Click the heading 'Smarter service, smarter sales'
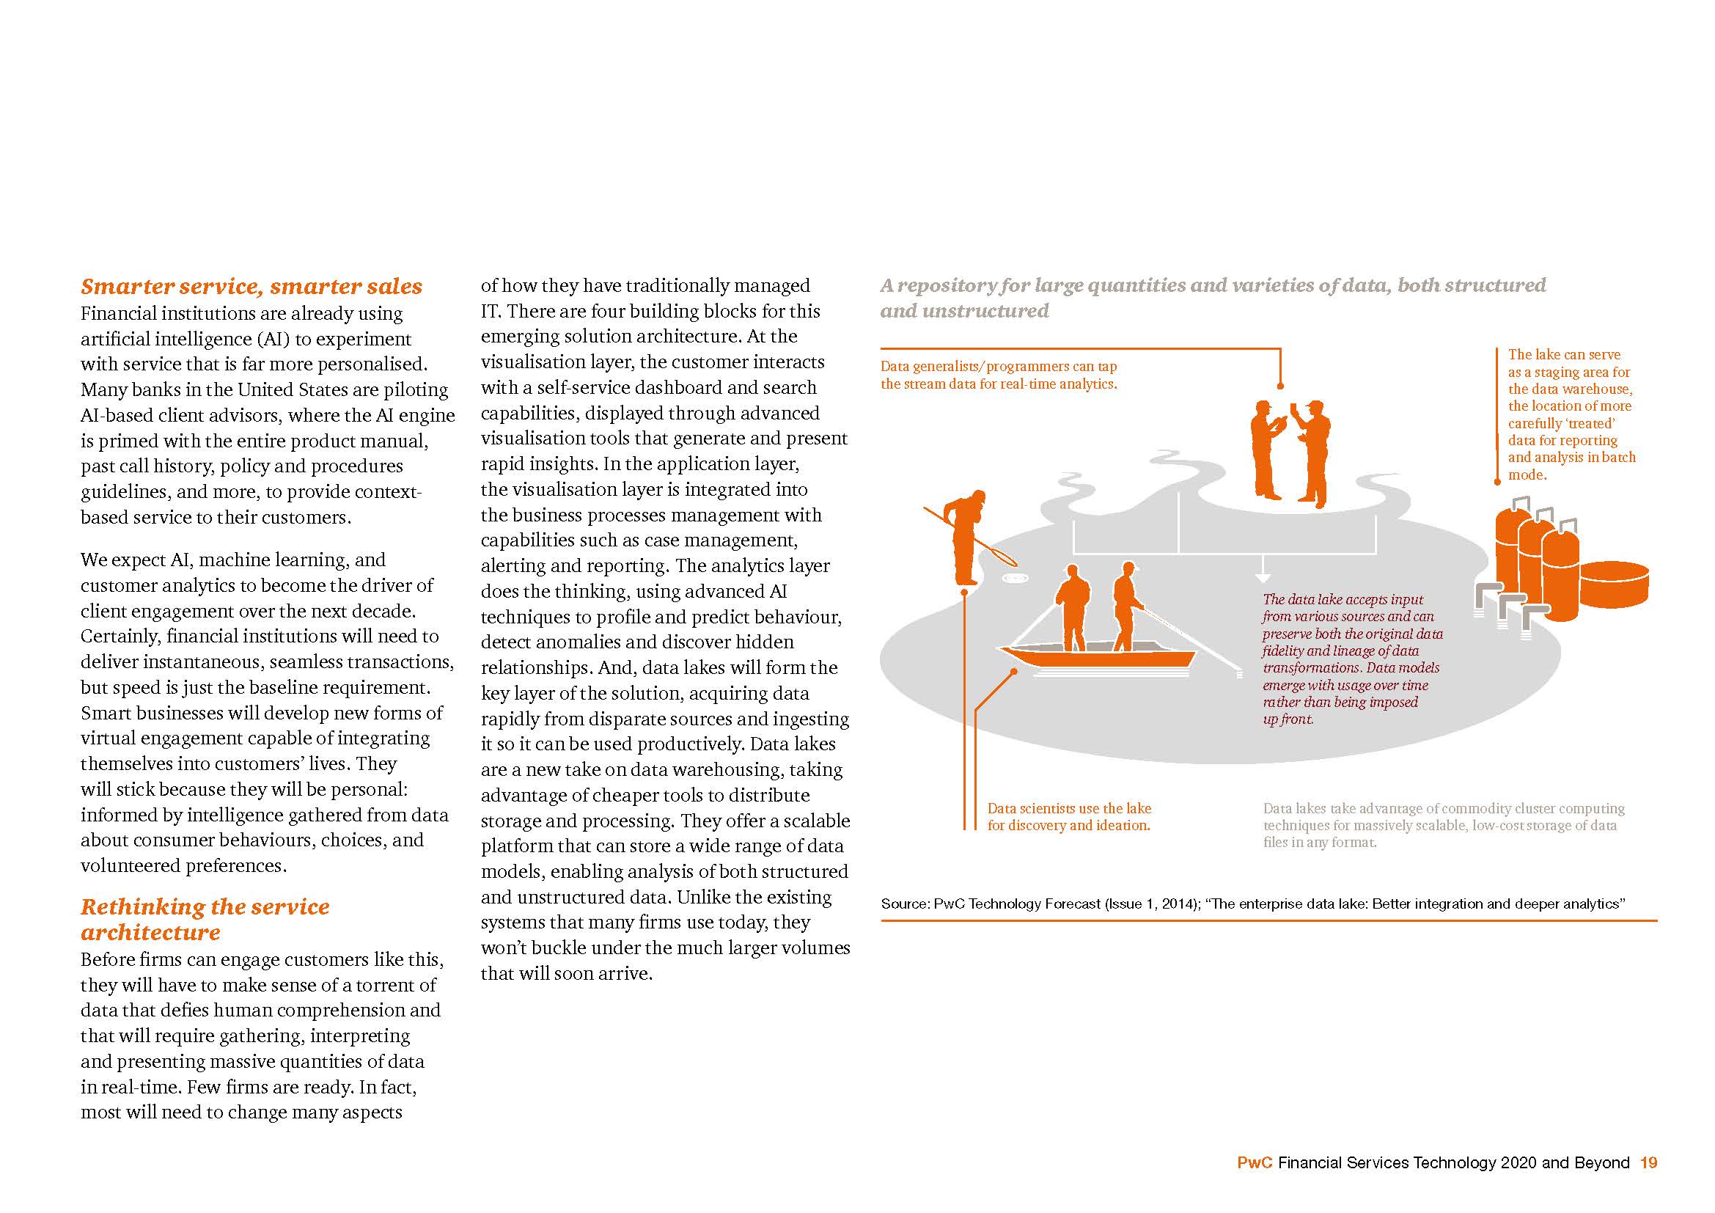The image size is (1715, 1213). (251, 287)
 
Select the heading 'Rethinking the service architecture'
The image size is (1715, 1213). (205, 920)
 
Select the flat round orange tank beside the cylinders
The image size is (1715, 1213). (1613, 583)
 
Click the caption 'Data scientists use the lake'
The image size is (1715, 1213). (1069, 809)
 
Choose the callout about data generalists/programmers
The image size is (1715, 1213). (999, 375)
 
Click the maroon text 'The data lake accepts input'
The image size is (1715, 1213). (1343, 600)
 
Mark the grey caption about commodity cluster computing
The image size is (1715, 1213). (1443, 825)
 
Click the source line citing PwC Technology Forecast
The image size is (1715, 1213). (1252, 904)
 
